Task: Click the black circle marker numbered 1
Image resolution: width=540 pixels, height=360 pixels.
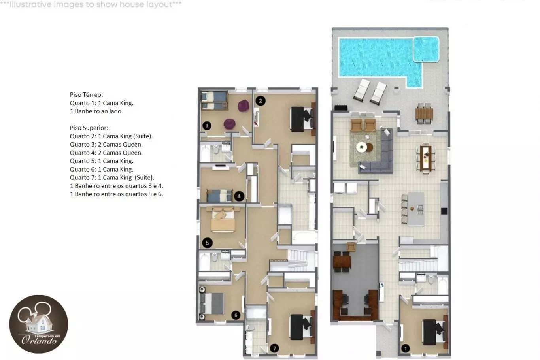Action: coord(406,348)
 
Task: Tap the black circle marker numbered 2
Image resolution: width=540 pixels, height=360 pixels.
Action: coord(261,101)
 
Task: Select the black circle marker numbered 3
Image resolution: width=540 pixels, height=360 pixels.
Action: coord(207,126)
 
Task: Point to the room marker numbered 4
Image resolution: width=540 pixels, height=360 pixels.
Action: coord(239,196)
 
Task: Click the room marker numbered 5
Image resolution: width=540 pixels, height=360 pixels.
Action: coord(207,243)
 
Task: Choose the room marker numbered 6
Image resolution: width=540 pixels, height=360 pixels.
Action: coord(236,315)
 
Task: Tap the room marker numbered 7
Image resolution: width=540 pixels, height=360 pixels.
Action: coord(274,348)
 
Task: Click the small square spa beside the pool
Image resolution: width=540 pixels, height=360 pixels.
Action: coord(426,49)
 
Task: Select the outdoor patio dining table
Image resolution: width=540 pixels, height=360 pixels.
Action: coord(424,113)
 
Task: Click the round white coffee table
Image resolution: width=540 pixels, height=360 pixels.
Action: coord(362,147)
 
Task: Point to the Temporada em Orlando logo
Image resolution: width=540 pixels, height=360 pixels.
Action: coord(39,324)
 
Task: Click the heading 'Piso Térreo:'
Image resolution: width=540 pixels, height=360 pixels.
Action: coord(86,95)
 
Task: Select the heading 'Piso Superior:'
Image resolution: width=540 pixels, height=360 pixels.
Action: coord(89,128)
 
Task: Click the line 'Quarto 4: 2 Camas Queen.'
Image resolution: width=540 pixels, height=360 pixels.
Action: coord(106,153)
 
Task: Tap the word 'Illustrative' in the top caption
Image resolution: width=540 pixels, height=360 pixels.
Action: coord(30,4)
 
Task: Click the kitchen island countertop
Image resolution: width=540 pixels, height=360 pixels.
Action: coord(416,209)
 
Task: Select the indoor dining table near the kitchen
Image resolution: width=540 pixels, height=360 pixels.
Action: coord(426,158)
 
